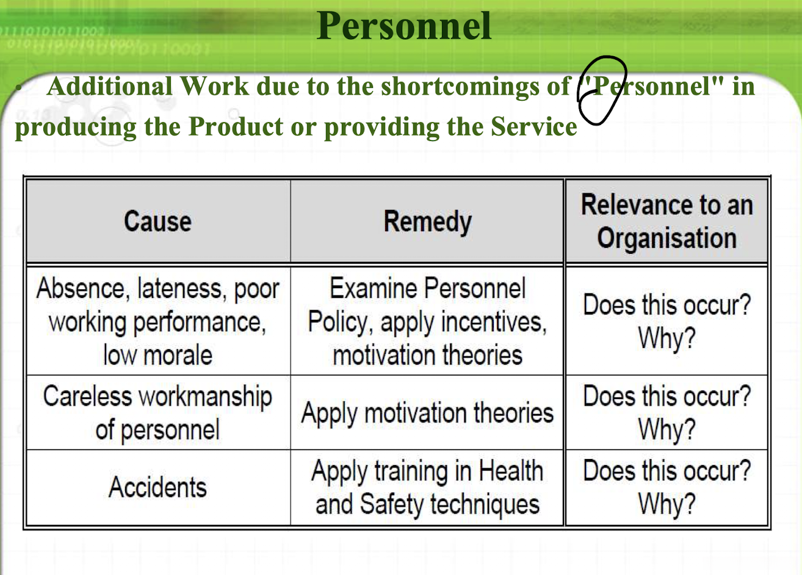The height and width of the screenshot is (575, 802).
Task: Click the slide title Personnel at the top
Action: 403,26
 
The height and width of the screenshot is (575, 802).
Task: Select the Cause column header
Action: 157,221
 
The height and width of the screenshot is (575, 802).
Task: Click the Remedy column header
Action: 427,222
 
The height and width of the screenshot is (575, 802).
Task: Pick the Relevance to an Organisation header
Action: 667,221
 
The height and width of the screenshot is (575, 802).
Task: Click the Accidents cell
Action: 157,487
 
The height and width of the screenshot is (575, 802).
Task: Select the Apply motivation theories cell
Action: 427,413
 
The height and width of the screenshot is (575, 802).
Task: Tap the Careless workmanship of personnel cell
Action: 157,413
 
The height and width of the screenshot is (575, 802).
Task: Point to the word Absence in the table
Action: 81,289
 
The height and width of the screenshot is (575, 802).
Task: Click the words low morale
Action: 157,355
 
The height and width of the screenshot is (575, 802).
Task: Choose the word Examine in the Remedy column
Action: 375,288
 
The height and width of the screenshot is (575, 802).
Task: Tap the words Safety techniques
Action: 449,504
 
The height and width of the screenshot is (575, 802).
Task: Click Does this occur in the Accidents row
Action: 667,471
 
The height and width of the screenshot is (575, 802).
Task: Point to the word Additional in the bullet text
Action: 110,86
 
